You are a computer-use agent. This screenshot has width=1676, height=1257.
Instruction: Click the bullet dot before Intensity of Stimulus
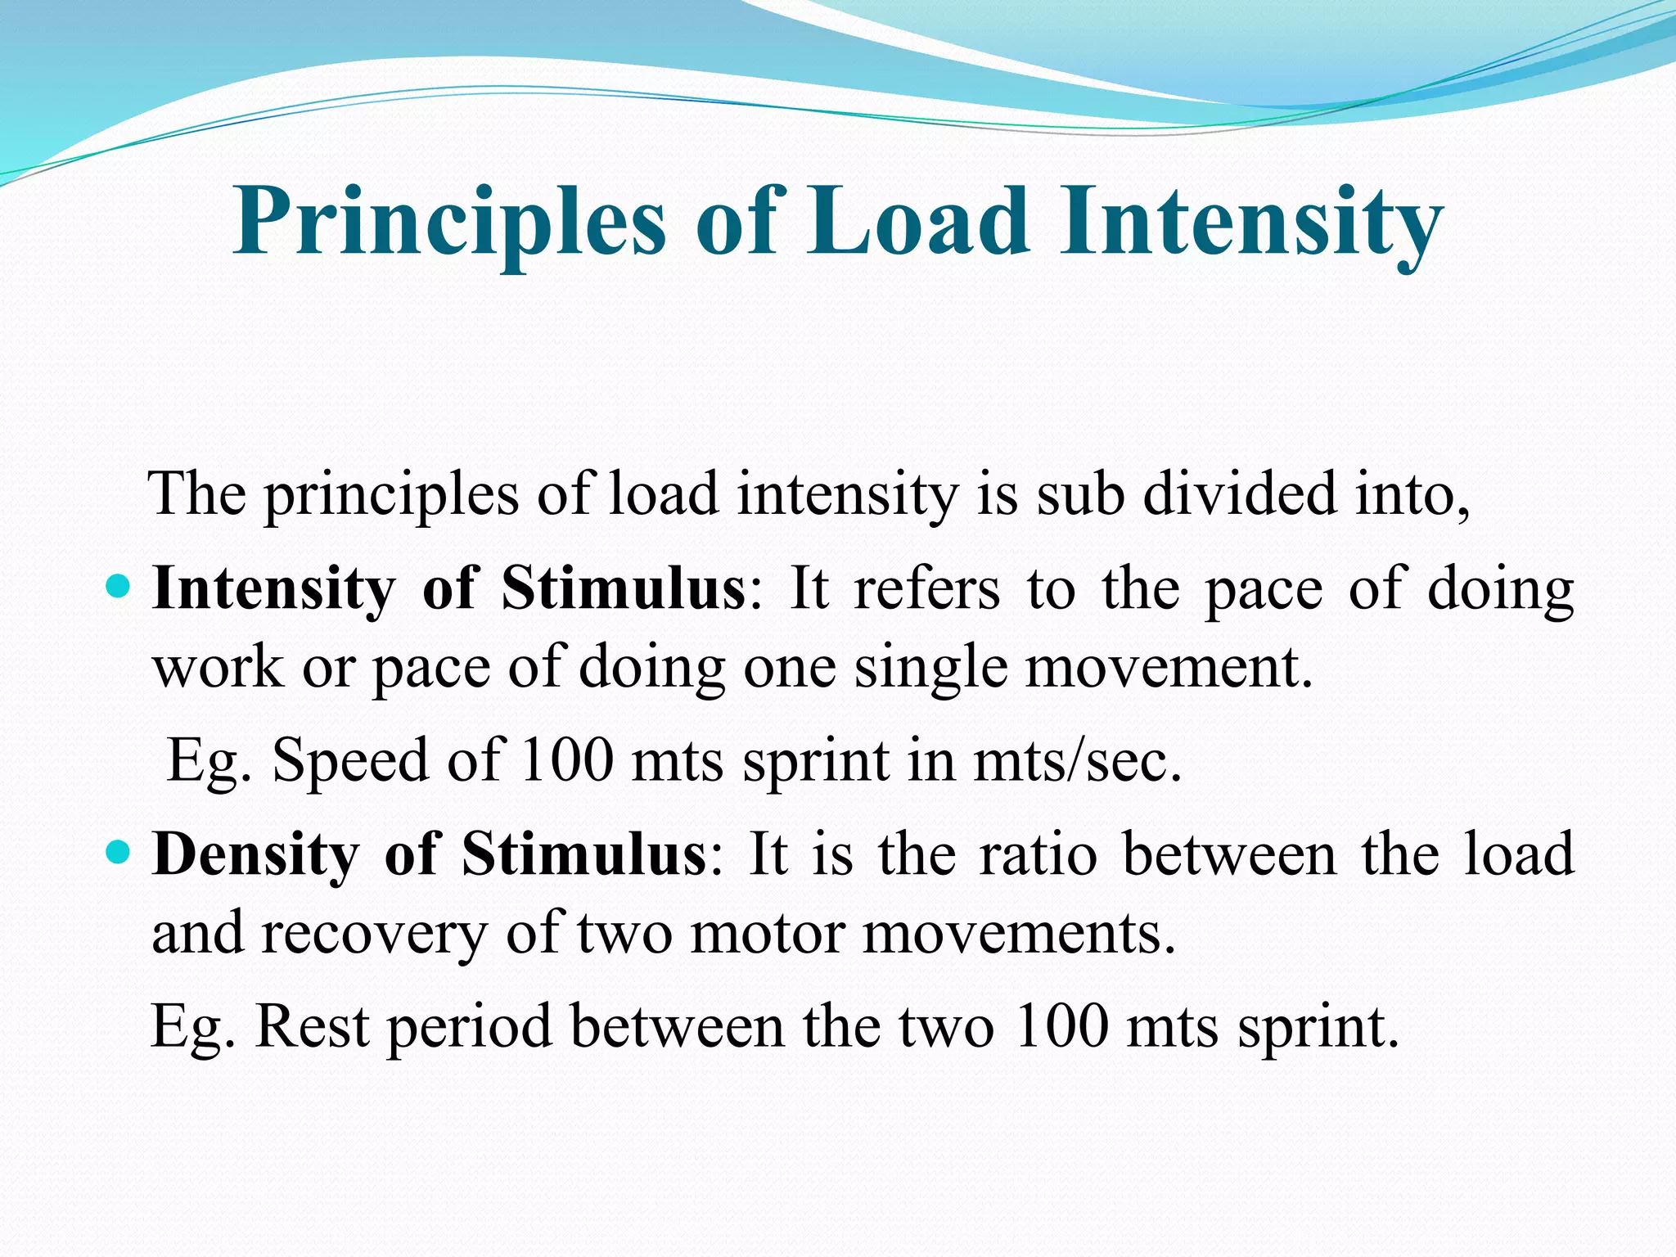[119, 588]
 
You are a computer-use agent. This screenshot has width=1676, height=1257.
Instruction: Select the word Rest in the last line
[312, 1026]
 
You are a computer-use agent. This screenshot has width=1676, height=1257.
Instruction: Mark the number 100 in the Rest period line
[1060, 1026]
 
